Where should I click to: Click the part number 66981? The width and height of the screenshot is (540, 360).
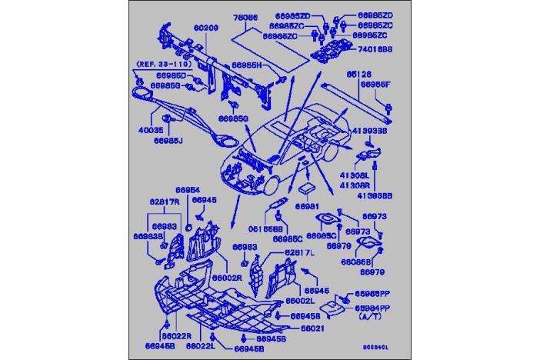[x=306, y=206]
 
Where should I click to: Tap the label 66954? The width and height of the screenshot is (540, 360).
[x=187, y=189]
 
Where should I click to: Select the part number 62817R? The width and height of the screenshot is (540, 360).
[x=165, y=201]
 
